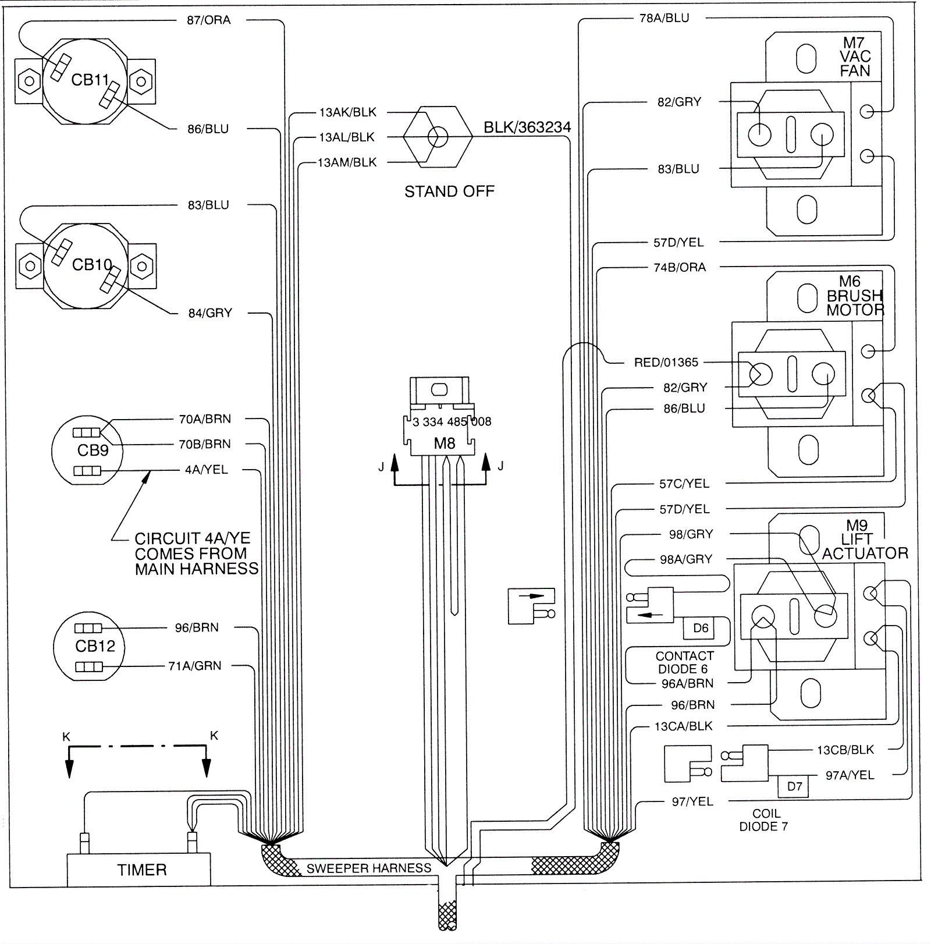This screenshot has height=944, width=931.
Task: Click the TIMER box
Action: coord(138,870)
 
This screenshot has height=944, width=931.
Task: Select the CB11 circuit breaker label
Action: coord(90,80)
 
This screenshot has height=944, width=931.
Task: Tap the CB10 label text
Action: coord(91,265)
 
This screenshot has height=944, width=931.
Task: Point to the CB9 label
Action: coord(93,450)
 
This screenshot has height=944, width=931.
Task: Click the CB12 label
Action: coord(95,646)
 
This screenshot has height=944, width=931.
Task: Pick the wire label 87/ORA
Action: coord(209,20)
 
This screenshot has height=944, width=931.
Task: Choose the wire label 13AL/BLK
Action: coord(347,137)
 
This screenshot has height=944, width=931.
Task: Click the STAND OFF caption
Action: coord(449,191)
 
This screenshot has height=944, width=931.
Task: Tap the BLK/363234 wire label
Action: coord(527,127)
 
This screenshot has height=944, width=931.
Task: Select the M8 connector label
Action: coord(445,443)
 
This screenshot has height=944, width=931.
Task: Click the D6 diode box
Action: coord(701,628)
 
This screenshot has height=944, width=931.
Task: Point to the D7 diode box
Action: coord(794,786)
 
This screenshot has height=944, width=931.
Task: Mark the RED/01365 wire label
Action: coord(666,363)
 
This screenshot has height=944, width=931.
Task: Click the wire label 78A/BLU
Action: coord(664,19)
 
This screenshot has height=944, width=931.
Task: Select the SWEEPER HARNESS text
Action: coord(369,868)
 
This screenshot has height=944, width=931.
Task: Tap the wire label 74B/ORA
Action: coord(680,268)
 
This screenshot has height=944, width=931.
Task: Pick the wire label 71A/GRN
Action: coord(195,666)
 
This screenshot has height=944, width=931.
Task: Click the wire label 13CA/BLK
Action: coord(683,726)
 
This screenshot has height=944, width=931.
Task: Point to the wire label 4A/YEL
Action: coord(207,470)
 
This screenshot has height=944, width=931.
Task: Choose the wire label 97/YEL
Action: coord(692,801)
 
